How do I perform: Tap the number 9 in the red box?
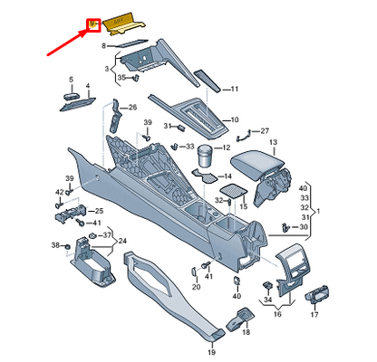(x=92, y=24)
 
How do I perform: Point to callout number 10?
(x=234, y=119)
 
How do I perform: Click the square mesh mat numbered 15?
(x=234, y=191)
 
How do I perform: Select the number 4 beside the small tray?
(x=88, y=87)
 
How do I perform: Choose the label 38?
(x=55, y=246)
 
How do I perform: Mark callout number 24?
(x=124, y=242)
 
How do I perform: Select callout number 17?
(x=314, y=316)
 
